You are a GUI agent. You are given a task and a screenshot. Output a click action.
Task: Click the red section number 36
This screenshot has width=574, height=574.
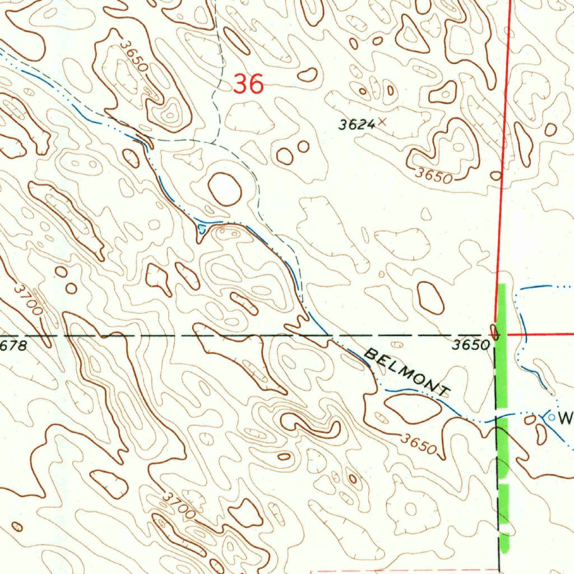coord(248,85)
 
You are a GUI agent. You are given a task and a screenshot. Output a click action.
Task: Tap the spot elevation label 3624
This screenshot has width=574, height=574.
coord(356,125)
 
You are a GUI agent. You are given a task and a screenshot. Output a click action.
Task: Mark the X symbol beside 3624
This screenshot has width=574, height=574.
coord(382,121)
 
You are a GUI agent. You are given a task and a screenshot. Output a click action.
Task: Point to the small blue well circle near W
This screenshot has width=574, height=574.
coord(551,417)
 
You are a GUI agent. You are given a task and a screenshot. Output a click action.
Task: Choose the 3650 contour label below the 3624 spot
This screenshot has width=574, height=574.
coord(433,176)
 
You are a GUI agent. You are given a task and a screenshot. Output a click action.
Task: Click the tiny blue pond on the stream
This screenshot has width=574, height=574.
coord(202,228)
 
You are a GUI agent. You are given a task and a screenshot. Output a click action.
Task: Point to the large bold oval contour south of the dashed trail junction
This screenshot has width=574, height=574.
coord(225,189)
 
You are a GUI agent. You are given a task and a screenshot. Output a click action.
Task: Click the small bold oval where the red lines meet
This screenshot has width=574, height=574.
coord(494,330)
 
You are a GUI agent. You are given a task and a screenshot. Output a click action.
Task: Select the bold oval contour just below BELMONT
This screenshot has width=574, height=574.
coord(412,409)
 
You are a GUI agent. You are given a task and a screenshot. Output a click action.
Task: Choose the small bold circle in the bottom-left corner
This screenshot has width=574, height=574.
coord(17,526)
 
